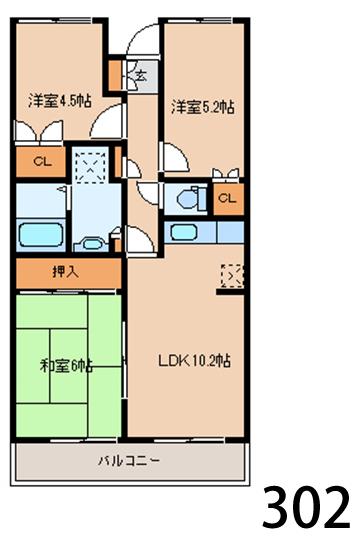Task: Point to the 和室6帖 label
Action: click(66, 366)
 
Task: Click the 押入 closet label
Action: click(66, 270)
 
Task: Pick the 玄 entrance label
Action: click(141, 74)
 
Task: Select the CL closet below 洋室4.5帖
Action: click(42, 161)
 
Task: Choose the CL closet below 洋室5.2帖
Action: click(227, 197)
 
